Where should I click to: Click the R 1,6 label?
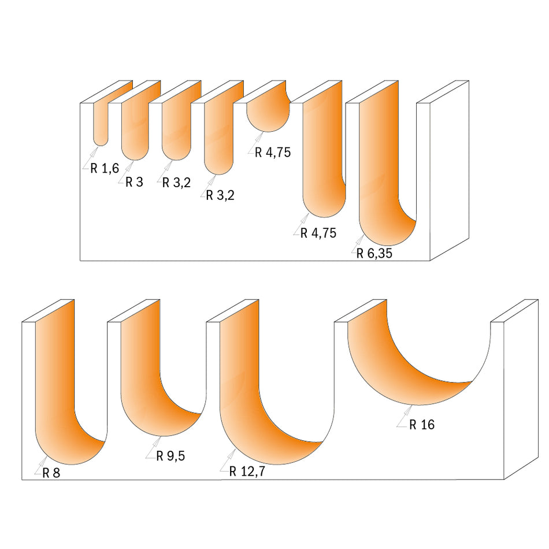click(x=105, y=168)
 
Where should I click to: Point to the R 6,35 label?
click(x=374, y=253)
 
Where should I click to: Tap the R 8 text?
click(x=51, y=472)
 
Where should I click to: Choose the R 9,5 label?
click(x=172, y=456)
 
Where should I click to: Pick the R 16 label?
click(x=422, y=425)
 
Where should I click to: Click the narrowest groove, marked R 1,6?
click(x=100, y=124)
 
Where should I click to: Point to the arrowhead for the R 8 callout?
click(x=46, y=458)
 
